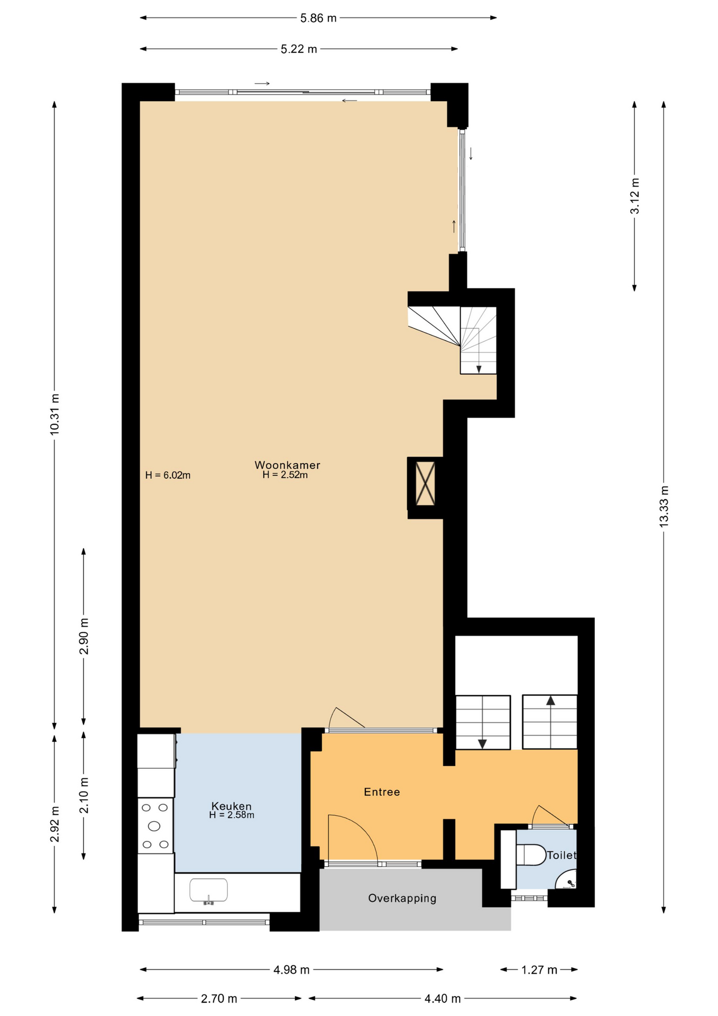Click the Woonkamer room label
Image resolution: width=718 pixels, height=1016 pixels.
click(x=287, y=465)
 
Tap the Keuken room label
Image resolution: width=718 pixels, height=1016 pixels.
click(x=232, y=806)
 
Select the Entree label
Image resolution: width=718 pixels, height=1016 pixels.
click(x=382, y=792)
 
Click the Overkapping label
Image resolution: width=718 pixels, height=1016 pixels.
click(x=402, y=898)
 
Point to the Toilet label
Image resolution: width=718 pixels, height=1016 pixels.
click(x=561, y=855)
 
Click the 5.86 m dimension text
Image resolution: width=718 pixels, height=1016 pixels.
click(x=318, y=18)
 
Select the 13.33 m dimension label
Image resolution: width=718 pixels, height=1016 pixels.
click(x=664, y=505)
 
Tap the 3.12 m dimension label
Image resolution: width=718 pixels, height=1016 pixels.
click(x=635, y=196)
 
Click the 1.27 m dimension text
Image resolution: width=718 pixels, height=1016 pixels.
click(x=539, y=970)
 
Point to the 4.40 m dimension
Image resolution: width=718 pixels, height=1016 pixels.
click(x=443, y=999)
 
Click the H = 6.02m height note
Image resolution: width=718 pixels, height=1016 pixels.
click(x=168, y=475)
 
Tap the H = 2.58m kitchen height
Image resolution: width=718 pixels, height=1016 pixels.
click(x=232, y=815)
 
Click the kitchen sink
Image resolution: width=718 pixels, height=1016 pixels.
click(x=209, y=890)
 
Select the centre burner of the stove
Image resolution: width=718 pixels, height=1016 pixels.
click(x=154, y=826)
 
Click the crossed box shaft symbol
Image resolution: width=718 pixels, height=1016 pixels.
click(x=425, y=483)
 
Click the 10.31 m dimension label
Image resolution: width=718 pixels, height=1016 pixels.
click(x=54, y=415)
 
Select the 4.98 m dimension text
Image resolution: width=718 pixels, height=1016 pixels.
click(x=291, y=970)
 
